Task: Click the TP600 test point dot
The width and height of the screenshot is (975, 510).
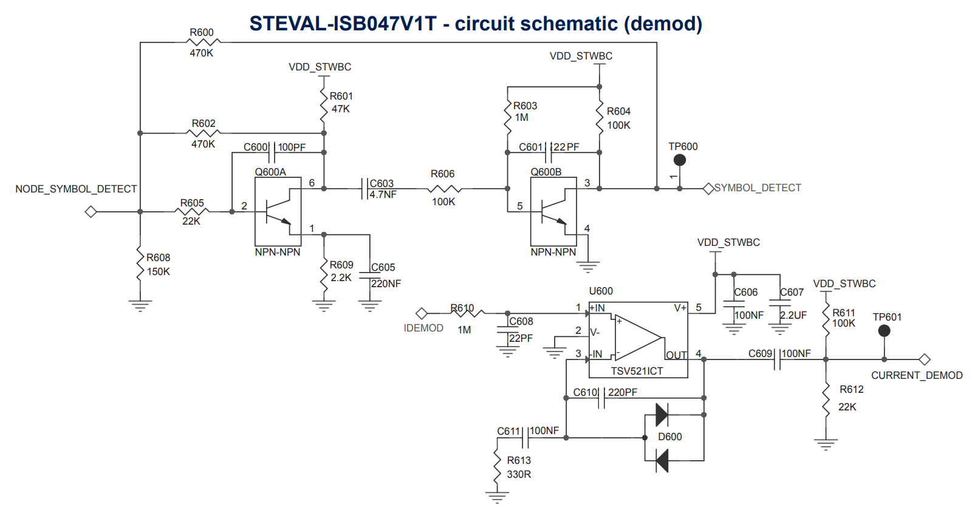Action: [680, 160]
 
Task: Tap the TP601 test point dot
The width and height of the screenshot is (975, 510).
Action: [884, 331]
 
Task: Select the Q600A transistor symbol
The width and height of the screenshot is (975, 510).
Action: [278, 212]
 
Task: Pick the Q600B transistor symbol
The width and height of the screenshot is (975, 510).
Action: [553, 212]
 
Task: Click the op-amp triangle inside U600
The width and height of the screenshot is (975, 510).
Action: [638, 338]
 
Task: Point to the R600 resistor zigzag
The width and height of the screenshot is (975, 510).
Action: [204, 42]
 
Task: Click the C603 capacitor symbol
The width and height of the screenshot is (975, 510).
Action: [364, 189]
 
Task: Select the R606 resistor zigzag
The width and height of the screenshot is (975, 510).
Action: [444, 189]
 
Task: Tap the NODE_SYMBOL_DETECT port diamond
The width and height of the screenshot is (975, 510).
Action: [91, 212]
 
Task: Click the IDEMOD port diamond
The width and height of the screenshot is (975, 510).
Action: [422, 313]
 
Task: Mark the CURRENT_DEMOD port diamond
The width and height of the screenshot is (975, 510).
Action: [925, 359]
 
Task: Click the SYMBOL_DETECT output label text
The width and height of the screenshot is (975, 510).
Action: [758, 188]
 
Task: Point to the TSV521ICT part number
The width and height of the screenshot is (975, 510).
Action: [637, 371]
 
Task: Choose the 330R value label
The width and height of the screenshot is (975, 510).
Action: [519, 474]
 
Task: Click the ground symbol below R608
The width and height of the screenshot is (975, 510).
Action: [140, 305]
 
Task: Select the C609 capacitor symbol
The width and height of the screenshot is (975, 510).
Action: [777, 359]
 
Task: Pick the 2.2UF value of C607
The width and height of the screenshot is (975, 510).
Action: [793, 316]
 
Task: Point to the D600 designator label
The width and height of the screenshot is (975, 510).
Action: [670, 437]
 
